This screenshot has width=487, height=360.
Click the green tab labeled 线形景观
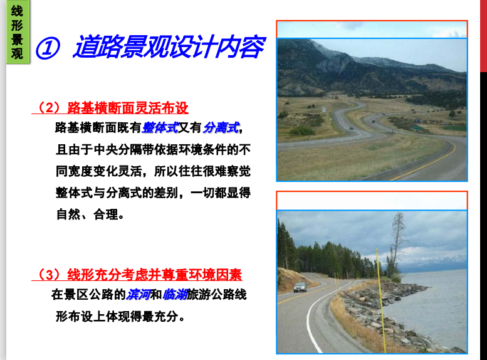pyautogui.click(x=18, y=31)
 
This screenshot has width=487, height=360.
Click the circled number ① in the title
pyautogui.click(x=48, y=48)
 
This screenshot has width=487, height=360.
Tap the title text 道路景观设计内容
pyautogui.click(x=169, y=46)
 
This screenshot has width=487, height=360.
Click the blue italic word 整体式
pyautogui.click(x=160, y=127)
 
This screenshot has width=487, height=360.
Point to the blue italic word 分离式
pyautogui.click(x=221, y=127)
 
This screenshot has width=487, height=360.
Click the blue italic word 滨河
pyautogui.click(x=138, y=294)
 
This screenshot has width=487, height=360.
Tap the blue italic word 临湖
pyautogui.click(x=174, y=294)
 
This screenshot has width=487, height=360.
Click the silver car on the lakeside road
pyautogui.click(x=300, y=287)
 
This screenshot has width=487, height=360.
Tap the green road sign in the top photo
pyautogui.click(x=417, y=127)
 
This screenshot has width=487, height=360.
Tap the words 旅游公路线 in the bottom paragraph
pyautogui.click(x=216, y=294)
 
